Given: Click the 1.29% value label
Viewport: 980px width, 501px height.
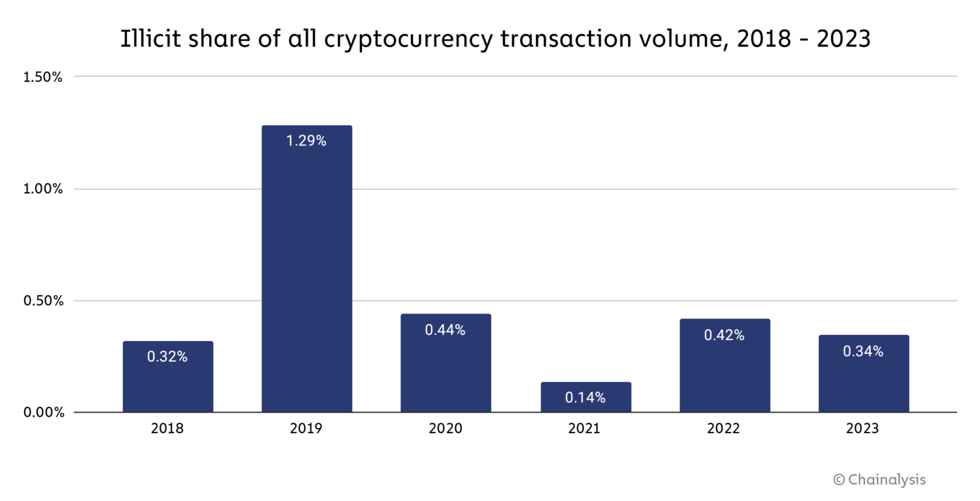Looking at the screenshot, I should [306, 140].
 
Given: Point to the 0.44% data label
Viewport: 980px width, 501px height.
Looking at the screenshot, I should [445, 330].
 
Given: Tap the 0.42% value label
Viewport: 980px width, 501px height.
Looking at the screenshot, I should [724, 335].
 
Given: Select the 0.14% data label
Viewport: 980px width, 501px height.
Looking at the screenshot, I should [585, 397].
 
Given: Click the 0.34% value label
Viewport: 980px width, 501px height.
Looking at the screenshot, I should [863, 351].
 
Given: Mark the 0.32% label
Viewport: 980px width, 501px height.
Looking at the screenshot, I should [167, 357].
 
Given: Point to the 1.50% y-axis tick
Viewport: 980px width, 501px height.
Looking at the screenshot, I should [42, 77].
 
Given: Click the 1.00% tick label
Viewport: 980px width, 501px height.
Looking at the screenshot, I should [42, 189].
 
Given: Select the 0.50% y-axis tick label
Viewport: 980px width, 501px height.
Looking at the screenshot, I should [42, 301].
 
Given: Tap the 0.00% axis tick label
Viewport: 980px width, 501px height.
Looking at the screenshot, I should [42, 413].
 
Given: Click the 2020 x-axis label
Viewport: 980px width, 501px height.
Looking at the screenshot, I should [445, 429].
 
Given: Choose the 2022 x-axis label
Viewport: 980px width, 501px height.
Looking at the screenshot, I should [724, 429].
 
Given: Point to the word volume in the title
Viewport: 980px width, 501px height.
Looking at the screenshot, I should [683, 39].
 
